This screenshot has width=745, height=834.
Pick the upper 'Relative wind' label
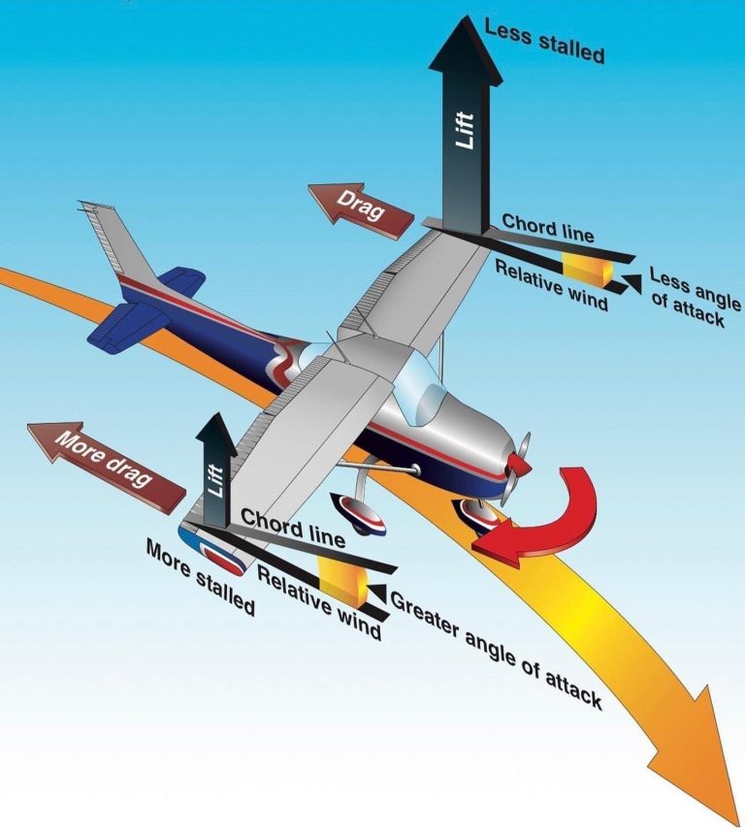pyautogui.click(x=551, y=283)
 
